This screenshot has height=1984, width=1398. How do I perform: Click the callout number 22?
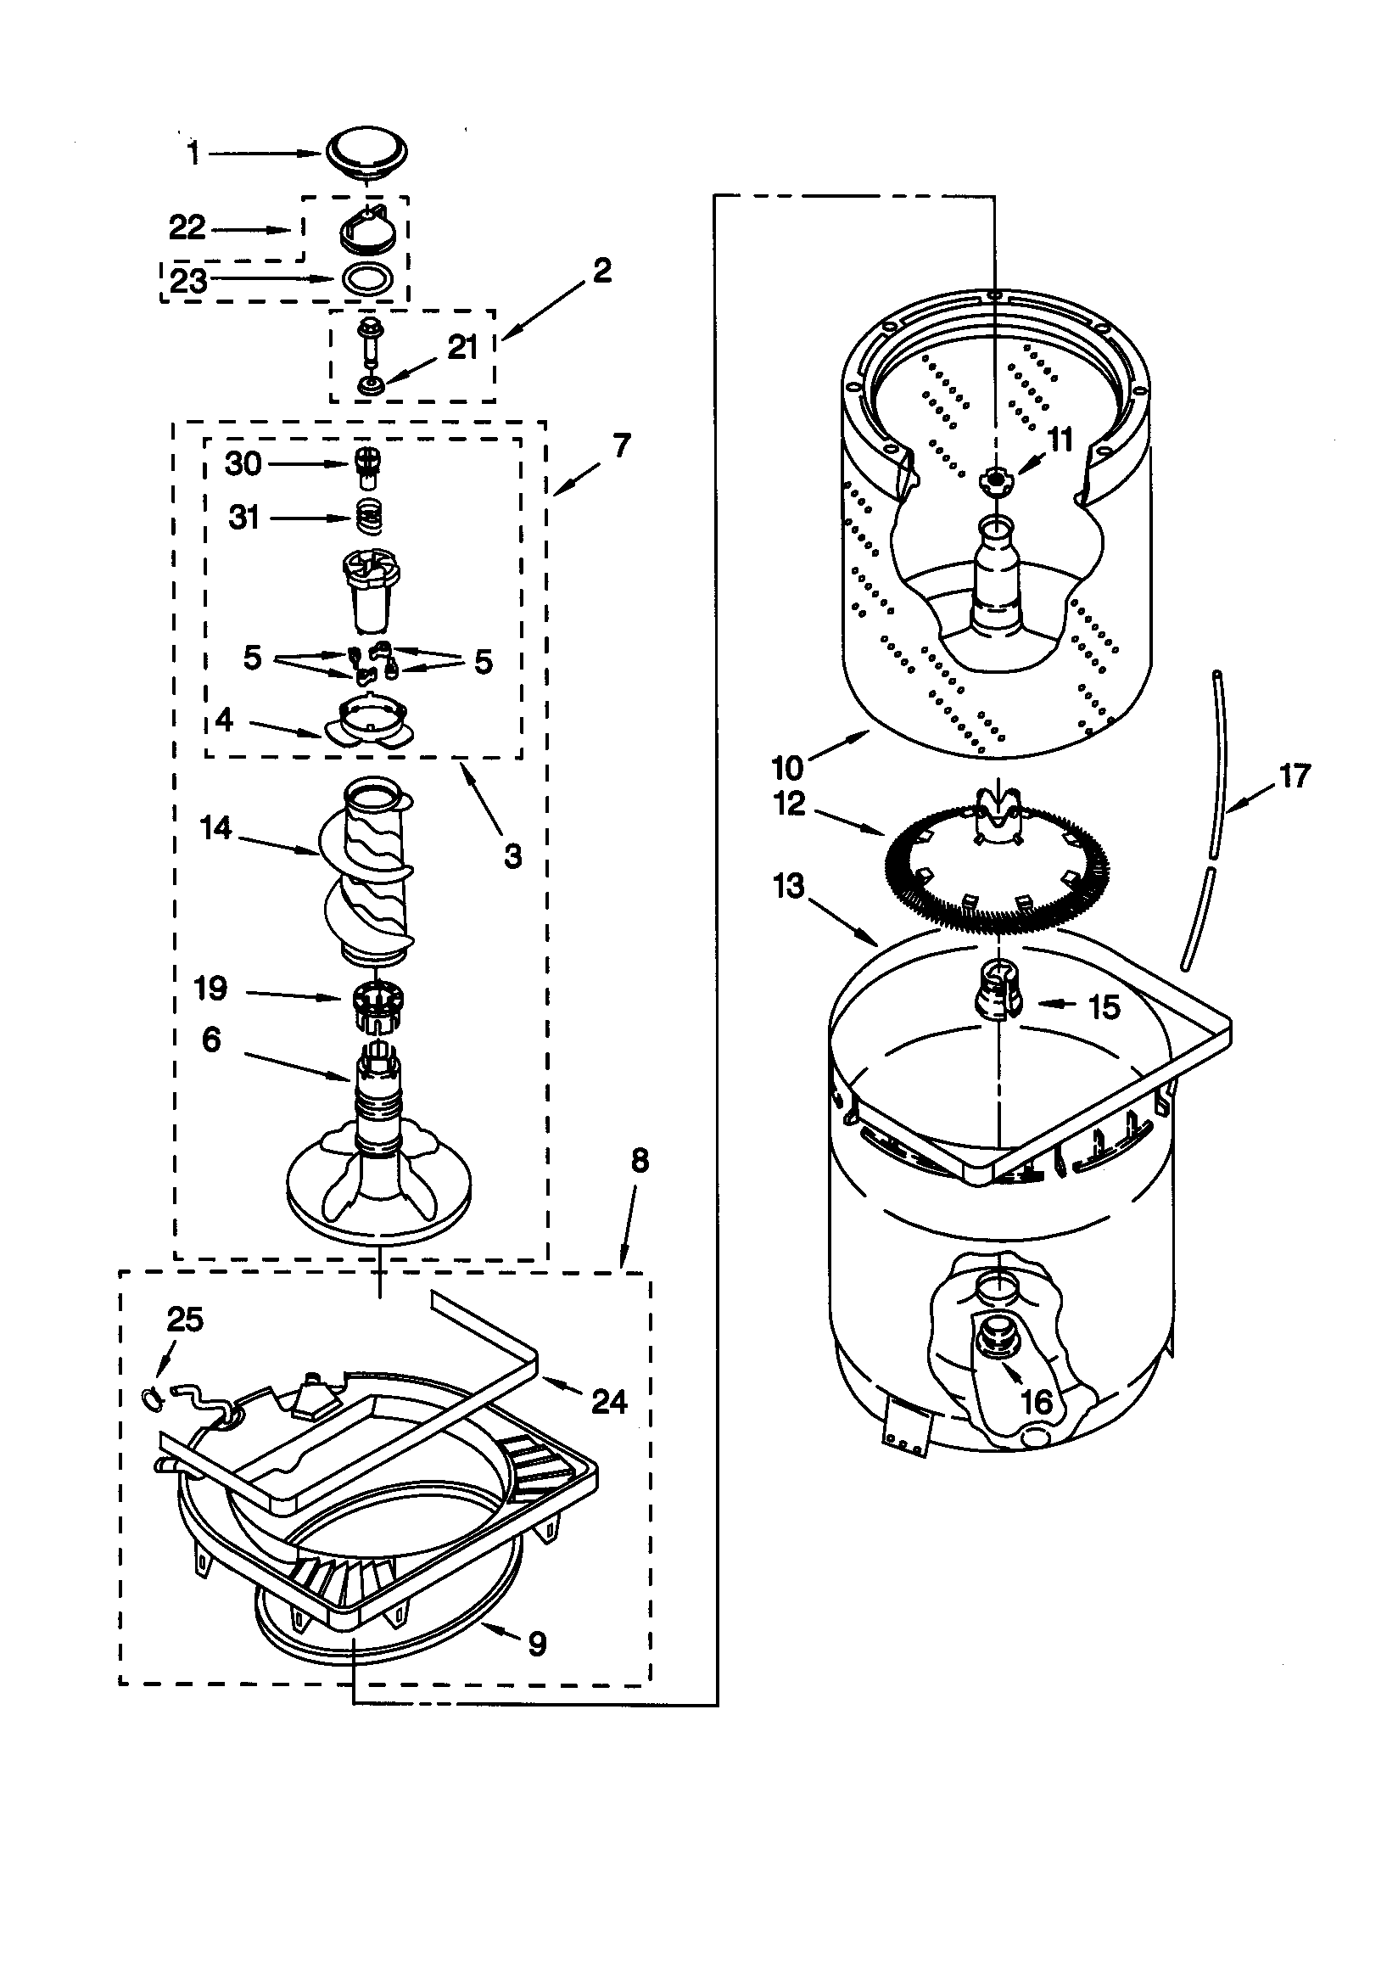187,228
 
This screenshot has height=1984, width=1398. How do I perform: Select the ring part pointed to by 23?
369,279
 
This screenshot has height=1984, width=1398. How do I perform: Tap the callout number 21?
462,347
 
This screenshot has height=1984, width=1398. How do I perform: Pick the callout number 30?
243,464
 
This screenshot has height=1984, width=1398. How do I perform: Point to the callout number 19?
211,988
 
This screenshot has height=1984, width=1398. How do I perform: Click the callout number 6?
212,1040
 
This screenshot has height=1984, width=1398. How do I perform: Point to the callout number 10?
787,766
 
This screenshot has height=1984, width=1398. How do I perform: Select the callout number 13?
789,887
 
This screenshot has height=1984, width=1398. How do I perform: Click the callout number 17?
1295,775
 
